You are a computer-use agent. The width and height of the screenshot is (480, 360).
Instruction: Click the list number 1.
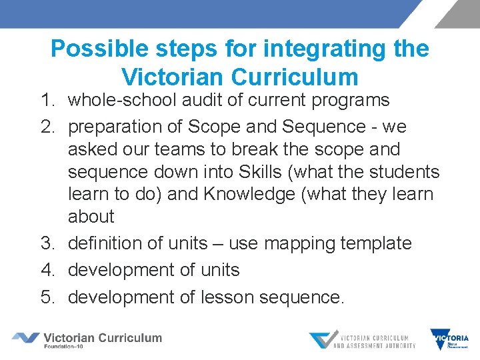[46, 101]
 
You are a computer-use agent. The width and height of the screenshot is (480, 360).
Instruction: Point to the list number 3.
[47, 243]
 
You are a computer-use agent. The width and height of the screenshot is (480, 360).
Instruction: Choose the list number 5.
[47, 297]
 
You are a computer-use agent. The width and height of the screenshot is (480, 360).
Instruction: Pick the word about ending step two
[91, 217]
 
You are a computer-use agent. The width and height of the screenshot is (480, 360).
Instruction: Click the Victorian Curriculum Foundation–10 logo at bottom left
[87, 340]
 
